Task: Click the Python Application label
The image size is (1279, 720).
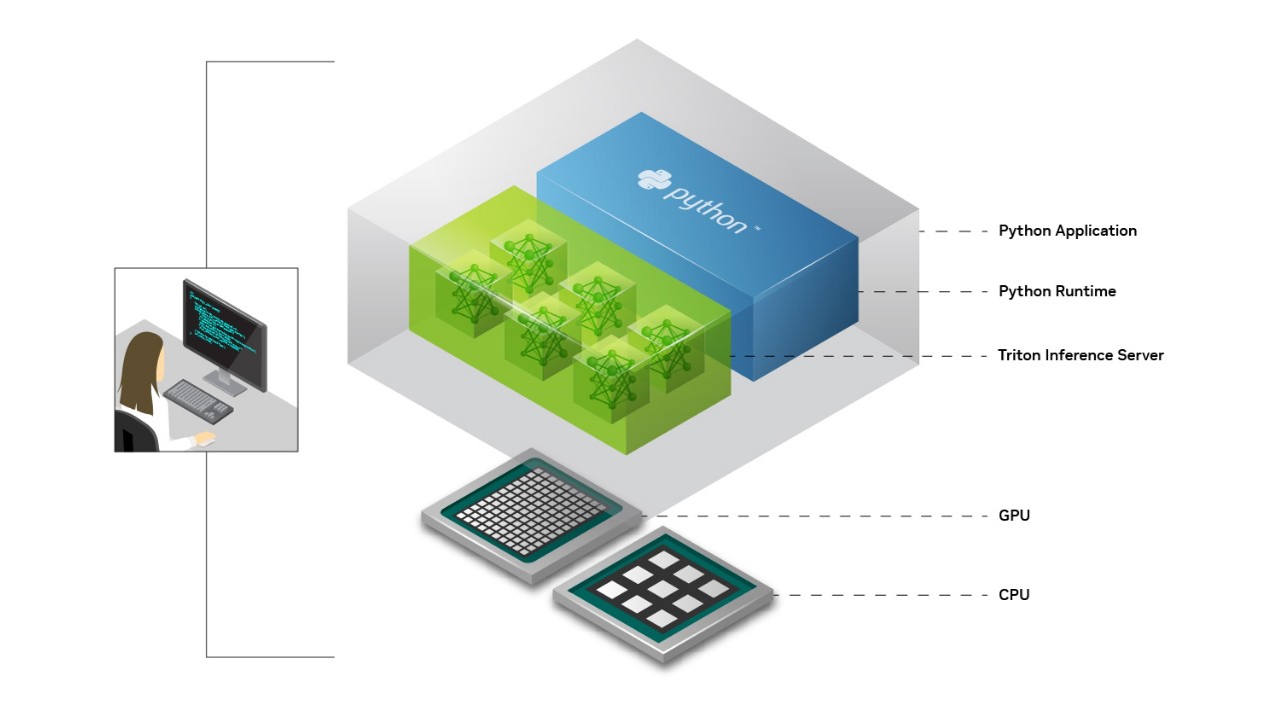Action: (1067, 231)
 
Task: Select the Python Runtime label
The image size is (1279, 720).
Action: (1057, 292)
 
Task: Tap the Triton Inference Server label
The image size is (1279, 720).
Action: (1080, 355)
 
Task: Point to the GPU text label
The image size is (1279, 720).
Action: (1013, 516)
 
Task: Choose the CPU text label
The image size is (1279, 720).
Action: (1013, 595)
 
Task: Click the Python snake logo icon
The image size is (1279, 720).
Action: (652, 179)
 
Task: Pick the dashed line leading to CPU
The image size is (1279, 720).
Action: (879, 595)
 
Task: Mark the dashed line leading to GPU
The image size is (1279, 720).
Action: (819, 516)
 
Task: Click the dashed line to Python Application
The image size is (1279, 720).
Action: (953, 231)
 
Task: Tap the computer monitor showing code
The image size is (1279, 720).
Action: (224, 326)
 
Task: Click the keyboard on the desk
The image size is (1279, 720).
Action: (197, 399)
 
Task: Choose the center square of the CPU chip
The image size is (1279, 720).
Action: (663, 589)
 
